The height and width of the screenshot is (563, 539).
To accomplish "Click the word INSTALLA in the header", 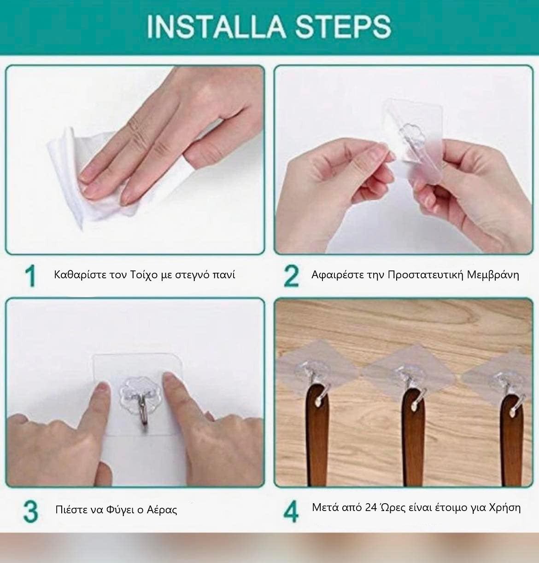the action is click(217, 26).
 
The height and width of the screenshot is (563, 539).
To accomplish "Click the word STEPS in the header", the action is click(343, 26).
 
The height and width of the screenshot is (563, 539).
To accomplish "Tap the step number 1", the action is click(30, 276).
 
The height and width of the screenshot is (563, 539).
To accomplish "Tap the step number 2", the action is click(291, 276).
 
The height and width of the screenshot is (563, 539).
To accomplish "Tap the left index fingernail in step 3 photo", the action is click(102, 387).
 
